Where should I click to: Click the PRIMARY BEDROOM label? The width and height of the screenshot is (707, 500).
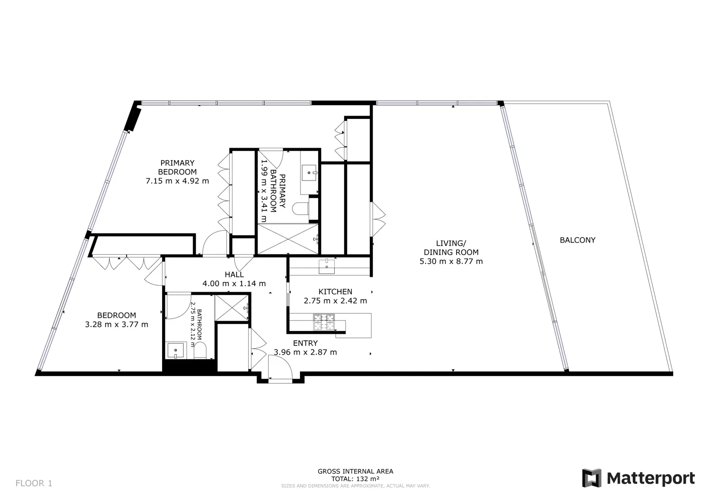pyautogui.click(x=177, y=167)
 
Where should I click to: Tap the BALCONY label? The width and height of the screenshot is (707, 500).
pyautogui.click(x=578, y=240)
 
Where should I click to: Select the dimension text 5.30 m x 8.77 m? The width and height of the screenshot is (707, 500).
pyautogui.click(x=451, y=262)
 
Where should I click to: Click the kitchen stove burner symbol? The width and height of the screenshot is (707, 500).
pyautogui.click(x=324, y=322)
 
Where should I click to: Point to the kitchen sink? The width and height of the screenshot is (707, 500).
pyautogui.click(x=327, y=266)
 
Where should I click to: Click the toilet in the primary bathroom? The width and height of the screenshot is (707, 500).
pyautogui.click(x=300, y=209)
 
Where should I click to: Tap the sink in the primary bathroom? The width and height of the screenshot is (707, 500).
pyautogui.click(x=309, y=172)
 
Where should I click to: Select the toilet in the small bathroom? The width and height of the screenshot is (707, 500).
pyautogui.click(x=200, y=351)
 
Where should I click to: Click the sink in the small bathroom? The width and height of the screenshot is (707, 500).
pyautogui.click(x=175, y=351)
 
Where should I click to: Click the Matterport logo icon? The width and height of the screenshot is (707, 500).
pyautogui.click(x=591, y=478)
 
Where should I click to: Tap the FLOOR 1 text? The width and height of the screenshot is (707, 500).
pyautogui.click(x=34, y=483)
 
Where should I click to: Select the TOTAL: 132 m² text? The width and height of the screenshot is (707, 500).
pyautogui.click(x=356, y=479)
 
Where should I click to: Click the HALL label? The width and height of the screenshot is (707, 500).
pyautogui.click(x=234, y=275)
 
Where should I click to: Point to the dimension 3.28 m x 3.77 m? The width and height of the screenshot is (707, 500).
pyautogui.click(x=117, y=325)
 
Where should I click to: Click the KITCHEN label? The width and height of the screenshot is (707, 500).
pyautogui.click(x=335, y=292)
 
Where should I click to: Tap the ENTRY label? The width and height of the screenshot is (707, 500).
pyautogui.click(x=305, y=343)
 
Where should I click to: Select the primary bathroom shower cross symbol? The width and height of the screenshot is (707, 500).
pyautogui.click(x=288, y=239)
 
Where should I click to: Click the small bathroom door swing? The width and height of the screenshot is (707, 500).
pyautogui.click(x=179, y=306)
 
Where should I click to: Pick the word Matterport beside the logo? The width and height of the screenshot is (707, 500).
pyautogui.click(x=651, y=479)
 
